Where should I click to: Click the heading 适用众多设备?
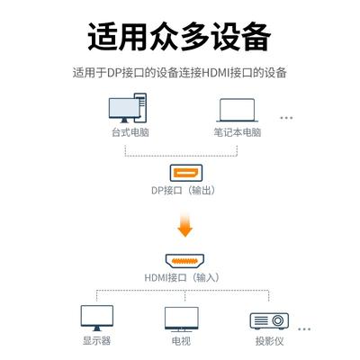[179, 37]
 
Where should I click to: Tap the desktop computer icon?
[128, 108]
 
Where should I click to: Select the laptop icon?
[237, 110]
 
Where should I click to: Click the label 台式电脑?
[130, 132]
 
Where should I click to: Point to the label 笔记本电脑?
[238, 132]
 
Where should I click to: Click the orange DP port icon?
[186, 173]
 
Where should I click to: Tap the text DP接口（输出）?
[184, 190]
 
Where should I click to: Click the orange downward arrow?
[185, 224]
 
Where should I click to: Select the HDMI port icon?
[184, 261]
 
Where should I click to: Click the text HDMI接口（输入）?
[182, 277]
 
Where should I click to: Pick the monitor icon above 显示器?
[97, 318]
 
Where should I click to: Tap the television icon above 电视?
[182, 319]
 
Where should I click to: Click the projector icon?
[269, 321]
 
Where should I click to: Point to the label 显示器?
[97, 341]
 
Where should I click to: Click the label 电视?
[181, 341]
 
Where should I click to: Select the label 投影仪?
[269, 341]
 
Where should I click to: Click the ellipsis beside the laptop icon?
[286, 118]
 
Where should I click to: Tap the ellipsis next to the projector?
[304, 329]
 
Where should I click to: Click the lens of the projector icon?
[278, 320]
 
